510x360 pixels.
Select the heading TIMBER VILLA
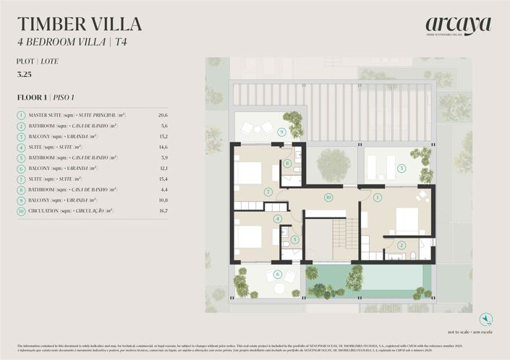pyautogui.click(x=80, y=23)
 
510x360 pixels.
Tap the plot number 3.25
pyautogui.click(x=24, y=74)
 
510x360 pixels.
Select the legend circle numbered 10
pyautogui.click(x=22, y=211)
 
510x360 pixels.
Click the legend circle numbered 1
pyautogui.click(x=22, y=115)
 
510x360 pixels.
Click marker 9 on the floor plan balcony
pyautogui.click(x=281, y=132)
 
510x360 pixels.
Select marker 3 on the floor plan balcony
pyautogui.click(x=401, y=169)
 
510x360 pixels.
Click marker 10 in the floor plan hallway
pyautogui.click(x=328, y=197)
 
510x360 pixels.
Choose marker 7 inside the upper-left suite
pyautogui.click(x=268, y=192)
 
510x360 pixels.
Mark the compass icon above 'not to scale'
pyautogui.click(x=486, y=319)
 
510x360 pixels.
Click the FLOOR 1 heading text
pyautogui.click(x=33, y=97)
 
